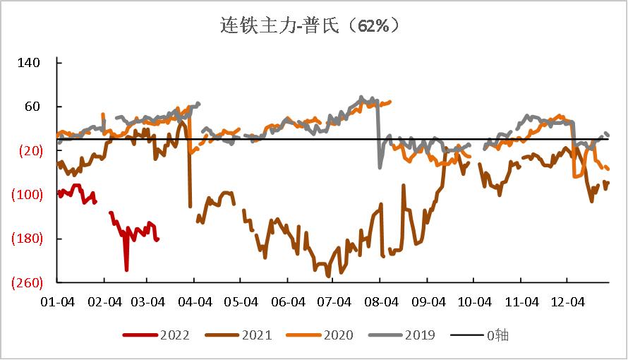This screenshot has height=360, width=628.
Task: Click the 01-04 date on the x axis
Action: pyautogui.click(x=57, y=302)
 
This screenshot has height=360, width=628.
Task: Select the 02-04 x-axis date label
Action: pyautogui.click(x=103, y=302)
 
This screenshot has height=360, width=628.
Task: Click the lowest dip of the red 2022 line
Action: pyautogui.click(x=126, y=270)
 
